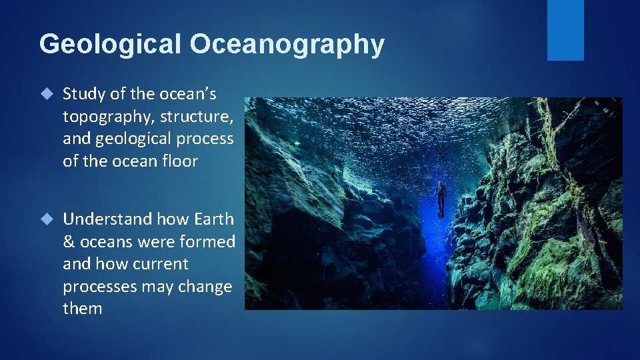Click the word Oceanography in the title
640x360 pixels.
[287, 44]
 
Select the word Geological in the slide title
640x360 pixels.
[110, 44]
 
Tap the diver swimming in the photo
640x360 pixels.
[440, 198]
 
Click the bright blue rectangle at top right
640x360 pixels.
[565, 30]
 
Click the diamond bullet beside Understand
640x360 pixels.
[45, 219]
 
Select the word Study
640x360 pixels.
[82, 95]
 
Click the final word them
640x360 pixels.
[83, 308]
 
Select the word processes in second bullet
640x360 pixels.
[100, 286]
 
